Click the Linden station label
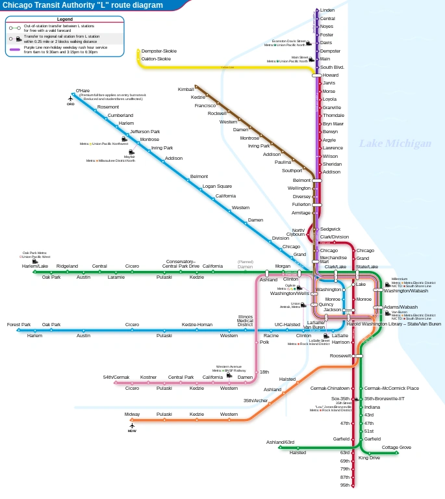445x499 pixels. tap(327, 10)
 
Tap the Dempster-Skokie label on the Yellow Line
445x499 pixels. tap(159, 51)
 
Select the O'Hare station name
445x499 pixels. tap(83, 90)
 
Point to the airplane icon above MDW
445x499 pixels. tap(132, 426)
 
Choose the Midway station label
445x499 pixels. tap(132, 414)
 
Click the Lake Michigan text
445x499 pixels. tap(395, 144)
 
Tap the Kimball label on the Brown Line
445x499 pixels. tap(186, 88)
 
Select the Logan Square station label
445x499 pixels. tap(217, 186)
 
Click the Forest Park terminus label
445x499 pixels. tap(19, 324)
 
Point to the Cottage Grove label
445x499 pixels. tap(396, 447)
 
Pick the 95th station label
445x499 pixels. tap(345, 485)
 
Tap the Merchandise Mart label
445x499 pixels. tap(333, 260)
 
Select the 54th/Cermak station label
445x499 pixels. tap(116, 377)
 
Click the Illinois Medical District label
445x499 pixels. tap(245, 320)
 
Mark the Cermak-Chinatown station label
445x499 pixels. tap(330, 388)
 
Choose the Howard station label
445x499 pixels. tap(331, 75)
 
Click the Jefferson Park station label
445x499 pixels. tap(145, 131)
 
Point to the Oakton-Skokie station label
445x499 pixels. tap(156, 58)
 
